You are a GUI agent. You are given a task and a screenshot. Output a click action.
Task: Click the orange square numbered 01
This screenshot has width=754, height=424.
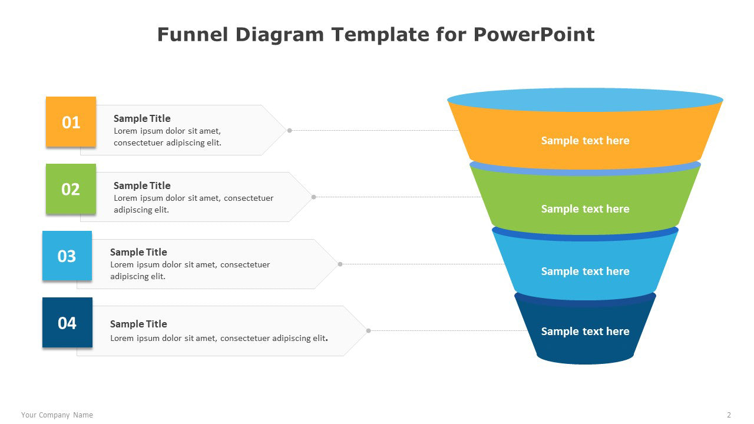tap(71, 122)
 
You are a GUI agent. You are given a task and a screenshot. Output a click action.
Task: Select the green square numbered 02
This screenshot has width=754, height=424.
tap(71, 189)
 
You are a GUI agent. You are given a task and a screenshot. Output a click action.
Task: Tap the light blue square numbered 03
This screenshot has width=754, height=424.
tap(67, 256)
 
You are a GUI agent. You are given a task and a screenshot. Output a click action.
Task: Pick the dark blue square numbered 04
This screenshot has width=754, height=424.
tap(67, 322)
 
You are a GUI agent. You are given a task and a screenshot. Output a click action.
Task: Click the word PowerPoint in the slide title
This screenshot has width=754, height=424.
tap(534, 34)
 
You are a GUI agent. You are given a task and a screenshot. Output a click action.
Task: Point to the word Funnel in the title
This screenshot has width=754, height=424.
tap(193, 34)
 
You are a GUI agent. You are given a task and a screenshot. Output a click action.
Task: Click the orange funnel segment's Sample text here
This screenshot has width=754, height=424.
tap(585, 141)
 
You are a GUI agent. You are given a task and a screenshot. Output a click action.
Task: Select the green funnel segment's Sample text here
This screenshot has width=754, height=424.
tap(585, 209)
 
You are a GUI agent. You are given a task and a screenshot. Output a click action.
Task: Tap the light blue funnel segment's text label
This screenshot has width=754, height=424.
tap(585, 271)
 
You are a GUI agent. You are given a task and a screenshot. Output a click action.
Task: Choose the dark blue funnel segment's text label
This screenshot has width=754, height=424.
tap(585, 332)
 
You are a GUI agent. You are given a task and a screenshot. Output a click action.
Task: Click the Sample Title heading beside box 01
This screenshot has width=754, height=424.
tap(142, 118)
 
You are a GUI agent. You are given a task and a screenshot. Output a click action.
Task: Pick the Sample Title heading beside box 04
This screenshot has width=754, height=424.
tap(138, 324)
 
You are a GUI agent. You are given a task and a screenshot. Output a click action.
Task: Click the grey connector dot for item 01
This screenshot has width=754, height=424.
tap(289, 131)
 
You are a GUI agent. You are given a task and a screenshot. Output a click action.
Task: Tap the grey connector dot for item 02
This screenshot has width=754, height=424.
tap(314, 197)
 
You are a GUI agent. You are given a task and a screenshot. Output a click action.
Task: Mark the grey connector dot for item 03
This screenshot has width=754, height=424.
tap(340, 264)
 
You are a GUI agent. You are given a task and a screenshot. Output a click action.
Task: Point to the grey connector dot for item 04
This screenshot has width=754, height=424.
tap(369, 331)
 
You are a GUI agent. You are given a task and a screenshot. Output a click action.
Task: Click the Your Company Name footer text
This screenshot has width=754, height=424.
tap(57, 415)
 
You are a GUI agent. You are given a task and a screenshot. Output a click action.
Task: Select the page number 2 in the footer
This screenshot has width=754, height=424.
tap(729, 415)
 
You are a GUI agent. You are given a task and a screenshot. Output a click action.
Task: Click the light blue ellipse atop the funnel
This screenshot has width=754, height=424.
tap(585, 100)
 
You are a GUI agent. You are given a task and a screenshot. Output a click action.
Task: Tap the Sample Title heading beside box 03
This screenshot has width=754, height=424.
tap(138, 252)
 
